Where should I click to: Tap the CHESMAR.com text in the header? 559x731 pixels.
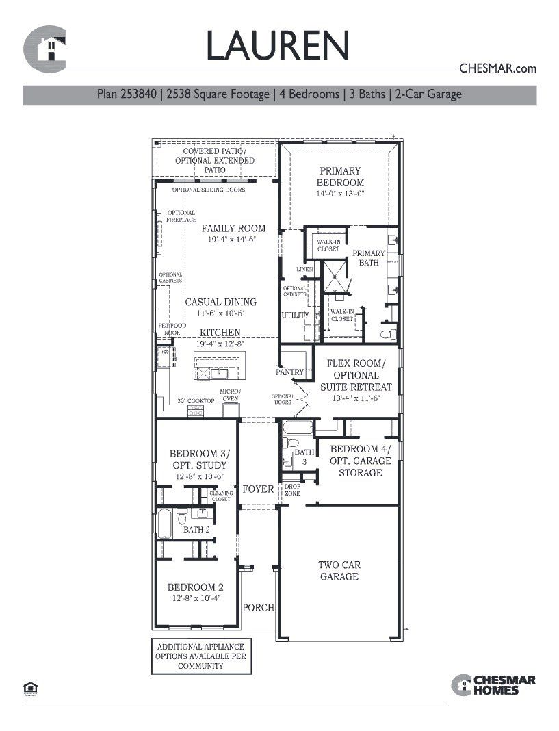tap(497, 68)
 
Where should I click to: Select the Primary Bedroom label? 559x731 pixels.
tap(340, 177)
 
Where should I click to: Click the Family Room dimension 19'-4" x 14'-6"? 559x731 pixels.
tap(233, 240)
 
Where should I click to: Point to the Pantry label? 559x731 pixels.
tap(289, 372)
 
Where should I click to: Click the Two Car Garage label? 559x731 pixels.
tap(339, 571)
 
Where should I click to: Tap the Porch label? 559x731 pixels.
tap(259, 607)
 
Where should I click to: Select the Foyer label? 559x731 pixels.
tap(258, 489)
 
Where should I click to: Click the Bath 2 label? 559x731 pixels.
tap(196, 529)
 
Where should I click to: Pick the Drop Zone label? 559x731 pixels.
tap(292, 489)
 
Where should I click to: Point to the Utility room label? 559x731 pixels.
tap(296, 316)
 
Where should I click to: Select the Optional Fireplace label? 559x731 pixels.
tap(181, 216)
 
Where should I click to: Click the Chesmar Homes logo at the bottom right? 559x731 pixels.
tap(493, 684)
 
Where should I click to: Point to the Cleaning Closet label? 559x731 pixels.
tap(221, 496)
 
